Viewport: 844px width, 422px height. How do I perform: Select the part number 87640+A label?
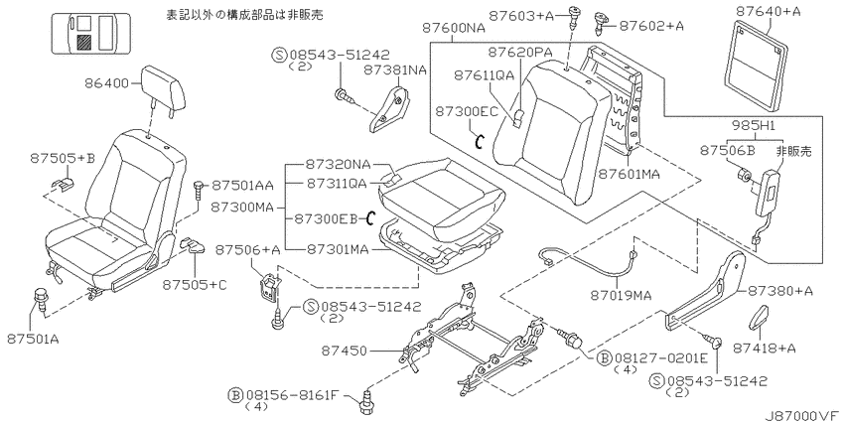click(763, 10)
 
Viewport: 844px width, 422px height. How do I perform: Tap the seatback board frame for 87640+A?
click(757, 62)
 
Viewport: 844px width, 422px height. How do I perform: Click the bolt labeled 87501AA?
click(200, 190)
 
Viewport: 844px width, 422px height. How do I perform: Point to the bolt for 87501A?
click(41, 299)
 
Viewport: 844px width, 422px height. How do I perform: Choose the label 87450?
click(345, 352)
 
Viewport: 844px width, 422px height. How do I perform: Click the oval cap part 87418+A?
click(759, 317)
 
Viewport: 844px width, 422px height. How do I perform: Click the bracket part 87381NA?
click(388, 106)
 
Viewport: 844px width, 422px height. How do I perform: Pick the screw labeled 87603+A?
click(574, 17)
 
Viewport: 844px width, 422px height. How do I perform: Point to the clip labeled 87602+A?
click(602, 21)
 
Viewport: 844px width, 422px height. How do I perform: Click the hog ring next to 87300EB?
click(369, 218)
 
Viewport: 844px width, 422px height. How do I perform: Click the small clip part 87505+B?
click(64, 184)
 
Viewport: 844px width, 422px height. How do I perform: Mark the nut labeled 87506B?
click(743, 175)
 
